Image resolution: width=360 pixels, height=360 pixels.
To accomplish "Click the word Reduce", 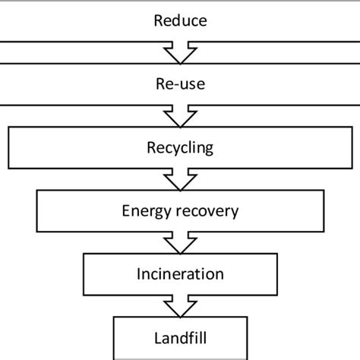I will (x=180, y=21).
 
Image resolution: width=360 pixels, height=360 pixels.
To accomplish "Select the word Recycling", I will (x=180, y=147).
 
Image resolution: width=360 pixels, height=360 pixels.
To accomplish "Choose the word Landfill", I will (x=180, y=335).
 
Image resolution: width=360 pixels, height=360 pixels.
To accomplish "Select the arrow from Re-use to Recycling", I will (x=180, y=116).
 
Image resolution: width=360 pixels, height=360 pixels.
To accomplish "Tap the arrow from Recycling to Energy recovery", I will (x=180, y=179).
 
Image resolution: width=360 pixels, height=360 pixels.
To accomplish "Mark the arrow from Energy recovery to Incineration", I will (x=180, y=242).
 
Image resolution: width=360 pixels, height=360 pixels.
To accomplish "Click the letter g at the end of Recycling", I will (x=210, y=148).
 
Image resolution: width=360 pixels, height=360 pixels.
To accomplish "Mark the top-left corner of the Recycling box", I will (x=8, y=128).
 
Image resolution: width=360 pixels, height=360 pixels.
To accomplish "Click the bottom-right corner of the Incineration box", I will (x=276, y=295).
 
